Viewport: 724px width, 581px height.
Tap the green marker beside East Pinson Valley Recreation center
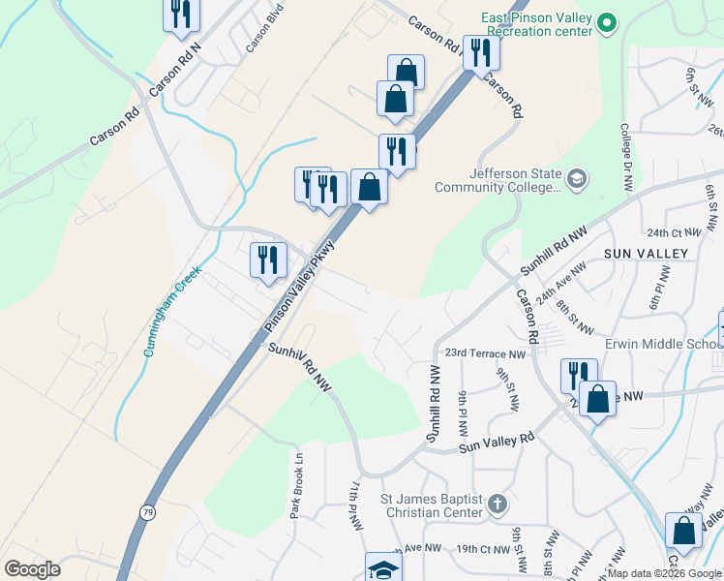(x=607, y=22)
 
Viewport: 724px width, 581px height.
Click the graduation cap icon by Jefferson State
(x=577, y=178)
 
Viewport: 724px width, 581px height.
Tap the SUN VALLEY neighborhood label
(x=645, y=254)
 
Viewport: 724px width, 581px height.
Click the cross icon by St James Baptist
(x=498, y=504)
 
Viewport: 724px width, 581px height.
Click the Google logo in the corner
(x=33, y=569)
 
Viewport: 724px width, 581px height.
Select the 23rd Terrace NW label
(x=485, y=354)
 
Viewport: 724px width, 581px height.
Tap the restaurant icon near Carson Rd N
(x=181, y=14)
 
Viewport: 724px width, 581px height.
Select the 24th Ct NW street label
(x=674, y=233)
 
